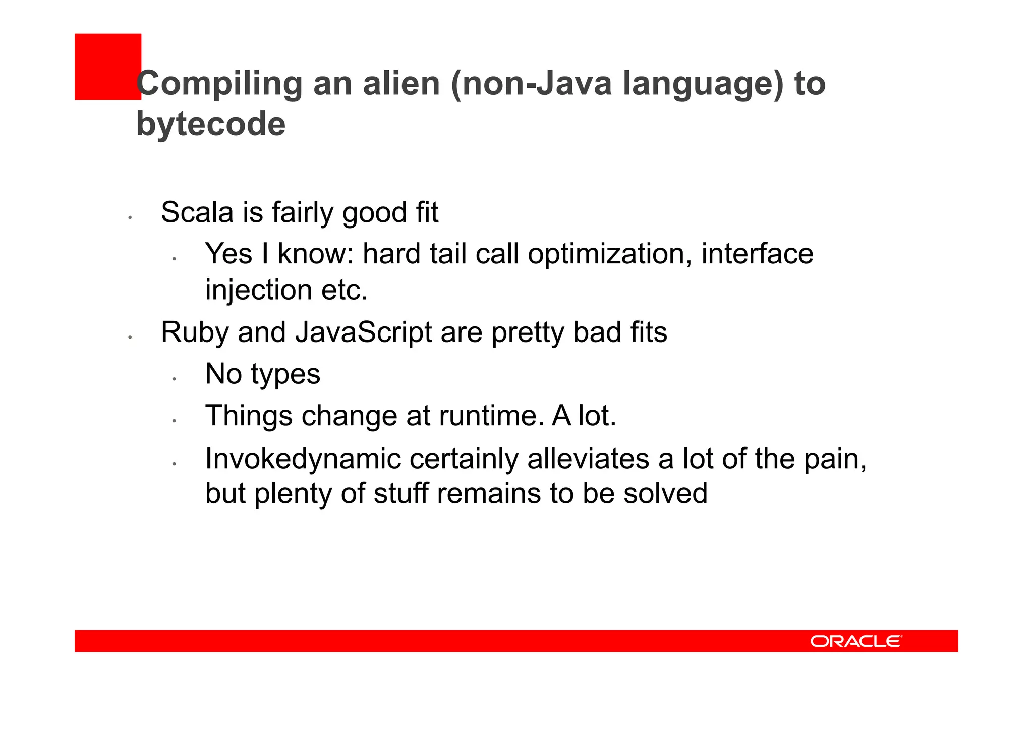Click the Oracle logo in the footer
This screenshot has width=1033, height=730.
856,641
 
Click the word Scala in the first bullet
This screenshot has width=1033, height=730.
197,212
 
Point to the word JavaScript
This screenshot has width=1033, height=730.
363,332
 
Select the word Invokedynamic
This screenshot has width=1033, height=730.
303,459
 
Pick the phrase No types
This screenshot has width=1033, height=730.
262,374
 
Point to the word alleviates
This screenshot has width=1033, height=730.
588,459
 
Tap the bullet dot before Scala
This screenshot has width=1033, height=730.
130,217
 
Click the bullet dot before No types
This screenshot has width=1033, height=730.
173,379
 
